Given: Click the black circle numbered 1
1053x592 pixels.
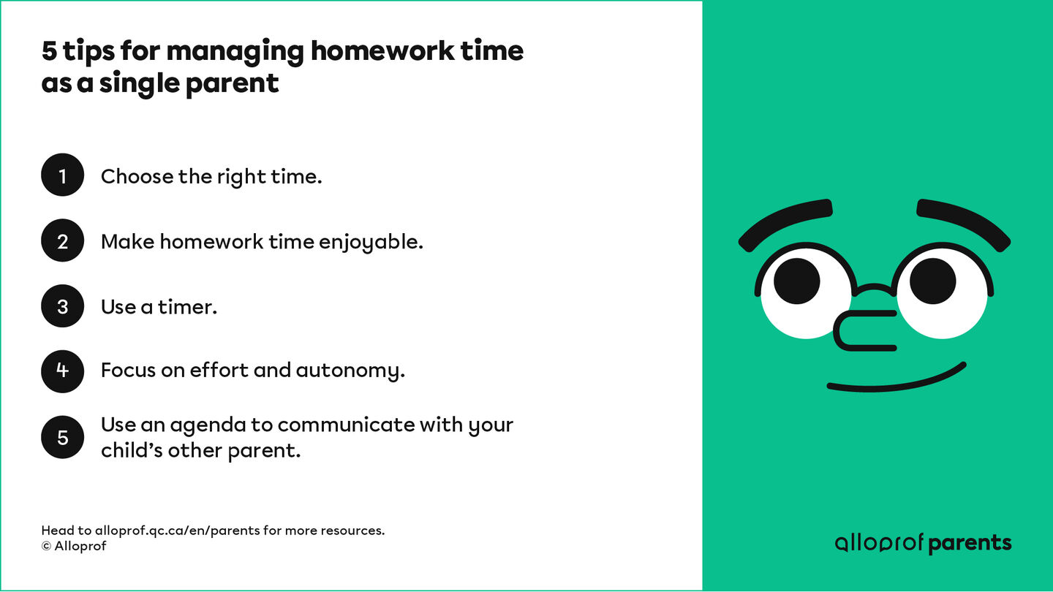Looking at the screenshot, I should click(x=63, y=175).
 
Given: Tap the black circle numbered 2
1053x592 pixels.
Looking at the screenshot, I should click(x=63, y=240).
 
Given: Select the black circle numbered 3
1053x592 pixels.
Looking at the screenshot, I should click(x=63, y=306).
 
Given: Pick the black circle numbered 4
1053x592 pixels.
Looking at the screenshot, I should click(x=63, y=371).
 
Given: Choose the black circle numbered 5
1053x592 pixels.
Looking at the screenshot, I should click(x=63, y=437).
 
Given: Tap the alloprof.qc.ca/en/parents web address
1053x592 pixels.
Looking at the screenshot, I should click(x=178, y=531).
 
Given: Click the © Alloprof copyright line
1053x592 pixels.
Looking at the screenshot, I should click(x=74, y=546).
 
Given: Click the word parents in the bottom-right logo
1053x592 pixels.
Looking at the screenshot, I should click(x=970, y=543).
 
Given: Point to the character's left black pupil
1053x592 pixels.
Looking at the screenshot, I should click(x=796, y=281).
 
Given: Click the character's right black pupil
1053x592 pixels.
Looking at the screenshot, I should click(x=932, y=281).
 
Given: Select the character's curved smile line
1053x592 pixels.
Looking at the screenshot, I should click(x=897, y=379).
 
